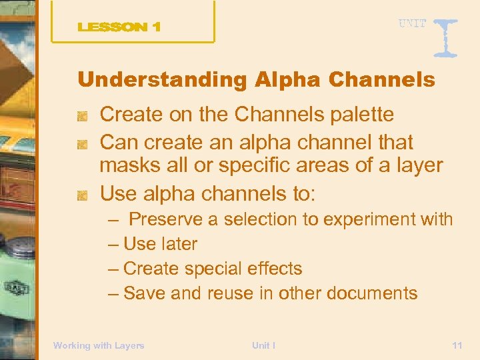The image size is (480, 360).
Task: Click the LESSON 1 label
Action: coord(119,27)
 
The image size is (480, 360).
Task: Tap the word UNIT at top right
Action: coord(412,23)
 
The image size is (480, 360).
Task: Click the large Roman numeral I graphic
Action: coord(444,37)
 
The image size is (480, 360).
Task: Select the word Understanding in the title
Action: coord(163,80)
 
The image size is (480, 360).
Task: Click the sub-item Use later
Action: coord(160,244)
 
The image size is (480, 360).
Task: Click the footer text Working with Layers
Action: coord(99,345)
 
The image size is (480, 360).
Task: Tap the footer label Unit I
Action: coord(264,345)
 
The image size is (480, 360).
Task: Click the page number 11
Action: coord(457,345)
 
